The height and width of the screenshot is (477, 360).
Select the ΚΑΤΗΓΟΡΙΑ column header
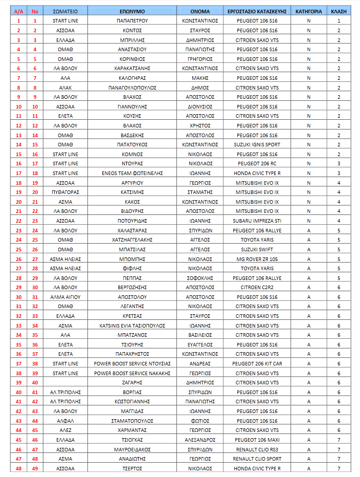pos(308,11)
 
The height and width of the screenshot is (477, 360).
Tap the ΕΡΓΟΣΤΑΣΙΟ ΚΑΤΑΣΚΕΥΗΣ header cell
pos(257,11)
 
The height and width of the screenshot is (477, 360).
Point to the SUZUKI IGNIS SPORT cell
pos(257,145)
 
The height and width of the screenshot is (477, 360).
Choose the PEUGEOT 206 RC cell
pos(257,164)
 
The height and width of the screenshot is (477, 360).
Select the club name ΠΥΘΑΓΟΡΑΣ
pos(65,192)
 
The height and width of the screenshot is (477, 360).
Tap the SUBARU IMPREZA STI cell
pos(257,221)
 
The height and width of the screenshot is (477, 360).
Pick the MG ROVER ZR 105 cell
pos(257,259)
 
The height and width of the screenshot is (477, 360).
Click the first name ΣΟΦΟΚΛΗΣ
pos(200,278)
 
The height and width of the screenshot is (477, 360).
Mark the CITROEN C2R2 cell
pos(257,288)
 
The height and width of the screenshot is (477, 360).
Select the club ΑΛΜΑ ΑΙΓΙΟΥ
pos(65,297)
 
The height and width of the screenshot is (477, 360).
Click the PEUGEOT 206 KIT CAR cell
pos(257,363)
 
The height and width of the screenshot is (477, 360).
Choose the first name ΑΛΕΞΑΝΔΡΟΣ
pos(200,440)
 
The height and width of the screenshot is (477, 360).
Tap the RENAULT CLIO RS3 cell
pos(257,449)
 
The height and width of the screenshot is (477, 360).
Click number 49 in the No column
pos(35,468)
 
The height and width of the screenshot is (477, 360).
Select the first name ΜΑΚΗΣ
pos(200,78)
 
